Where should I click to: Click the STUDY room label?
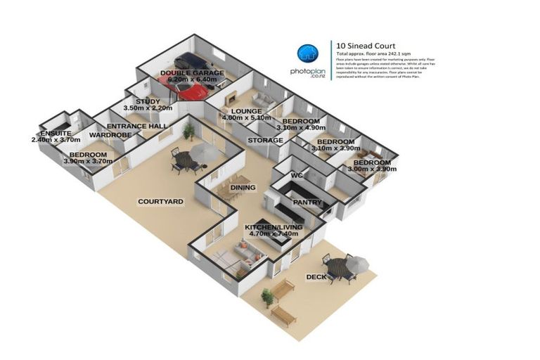pyautogui.click(x=148, y=101)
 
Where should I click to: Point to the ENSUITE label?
pyautogui.click(x=55, y=133)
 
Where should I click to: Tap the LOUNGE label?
pyautogui.click(x=241, y=111)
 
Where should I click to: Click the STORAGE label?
pyautogui.click(x=265, y=141)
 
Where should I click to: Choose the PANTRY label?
pyautogui.click(x=307, y=202)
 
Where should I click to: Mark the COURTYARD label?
pyautogui.click(x=160, y=202)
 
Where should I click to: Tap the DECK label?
pyautogui.click(x=316, y=277)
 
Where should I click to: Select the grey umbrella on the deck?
pyautogui.click(x=357, y=262)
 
